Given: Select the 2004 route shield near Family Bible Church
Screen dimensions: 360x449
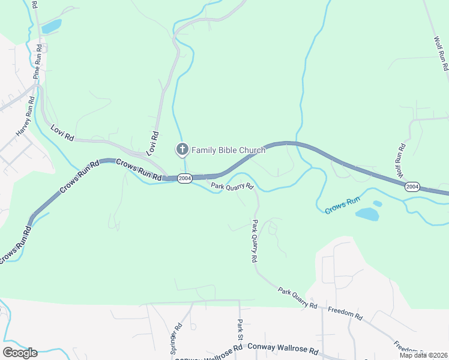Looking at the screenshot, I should [x=185, y=178].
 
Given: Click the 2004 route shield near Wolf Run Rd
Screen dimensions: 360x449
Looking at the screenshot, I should [x=412, y=187].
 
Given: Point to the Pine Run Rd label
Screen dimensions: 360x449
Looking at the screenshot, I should [x=38, y=61].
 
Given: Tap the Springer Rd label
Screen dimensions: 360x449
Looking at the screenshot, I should [x=176, y=340].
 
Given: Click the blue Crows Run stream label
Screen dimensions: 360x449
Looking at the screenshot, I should [x=342, y=205].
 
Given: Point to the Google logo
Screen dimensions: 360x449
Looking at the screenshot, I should [x=20, y=353].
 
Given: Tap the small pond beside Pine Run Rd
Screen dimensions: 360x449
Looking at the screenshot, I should [x=52, y=26].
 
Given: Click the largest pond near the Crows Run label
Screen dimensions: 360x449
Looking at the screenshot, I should [x=367, y=214].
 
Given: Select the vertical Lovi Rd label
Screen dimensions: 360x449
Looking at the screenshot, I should [x=155, y=144].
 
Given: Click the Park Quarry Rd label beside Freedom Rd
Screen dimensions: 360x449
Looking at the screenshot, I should [x=297, y=298].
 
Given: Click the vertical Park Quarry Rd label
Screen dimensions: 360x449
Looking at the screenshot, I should [x=255, y=241].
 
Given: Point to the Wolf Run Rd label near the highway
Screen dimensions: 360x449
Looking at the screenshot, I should [x=400, y=162].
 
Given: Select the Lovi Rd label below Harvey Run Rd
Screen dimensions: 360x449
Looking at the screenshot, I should [x=62, y=133].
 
